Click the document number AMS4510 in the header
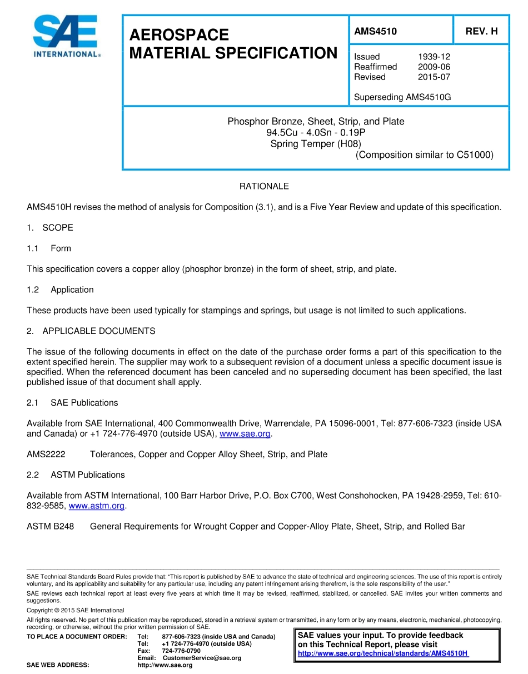(375, 32)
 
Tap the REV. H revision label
(481, 32)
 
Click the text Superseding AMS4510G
(402, 97)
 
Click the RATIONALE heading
(264, 187)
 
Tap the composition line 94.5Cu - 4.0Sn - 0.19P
(316, 132)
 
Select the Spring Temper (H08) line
(316, 143)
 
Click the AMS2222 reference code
(46, 455)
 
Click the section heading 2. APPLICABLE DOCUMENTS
(91, 331)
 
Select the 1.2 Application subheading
(61, 290)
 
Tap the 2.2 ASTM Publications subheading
(76, 475)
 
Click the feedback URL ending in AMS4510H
(383, 653)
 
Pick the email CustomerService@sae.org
(202, 658)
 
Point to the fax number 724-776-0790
(181, 651)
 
